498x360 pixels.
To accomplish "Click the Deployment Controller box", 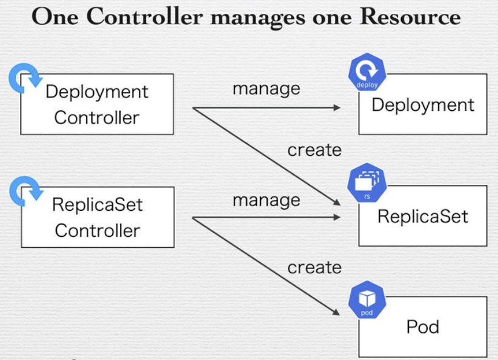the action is click(97, 104).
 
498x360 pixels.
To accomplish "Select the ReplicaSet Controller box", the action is click(98, 217).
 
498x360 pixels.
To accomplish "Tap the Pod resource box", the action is click(423, 327).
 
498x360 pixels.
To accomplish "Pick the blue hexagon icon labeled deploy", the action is click(367, 72).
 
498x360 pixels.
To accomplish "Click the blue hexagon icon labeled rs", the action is click(367, 182).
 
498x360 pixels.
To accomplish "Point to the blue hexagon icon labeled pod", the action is click(367, 299).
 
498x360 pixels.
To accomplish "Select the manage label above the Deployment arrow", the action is click(267, 89).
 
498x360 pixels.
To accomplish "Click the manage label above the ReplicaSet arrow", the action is click(267, 201).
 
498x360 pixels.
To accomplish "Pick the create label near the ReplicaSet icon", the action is click(314, 150).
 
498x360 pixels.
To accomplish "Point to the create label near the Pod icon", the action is click(314, 267).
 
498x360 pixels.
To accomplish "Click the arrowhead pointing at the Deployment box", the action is click(337, 108).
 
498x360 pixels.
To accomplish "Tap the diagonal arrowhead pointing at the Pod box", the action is click(336, 312).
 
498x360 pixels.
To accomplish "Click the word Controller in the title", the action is click(145, 16).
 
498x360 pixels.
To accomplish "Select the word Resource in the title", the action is click(410, 16).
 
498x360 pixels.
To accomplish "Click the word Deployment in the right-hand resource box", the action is click(423, 105).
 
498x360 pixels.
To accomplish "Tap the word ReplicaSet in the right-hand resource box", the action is click(423, 217).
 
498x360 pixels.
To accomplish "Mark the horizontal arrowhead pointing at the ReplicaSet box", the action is click(337, 218).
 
